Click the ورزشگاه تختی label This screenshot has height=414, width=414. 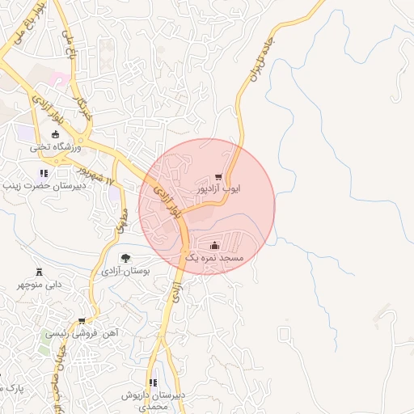tap(52, 148)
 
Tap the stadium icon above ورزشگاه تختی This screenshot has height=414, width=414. tap(55, 135)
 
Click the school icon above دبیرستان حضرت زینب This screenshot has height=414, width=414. tap(44, 173)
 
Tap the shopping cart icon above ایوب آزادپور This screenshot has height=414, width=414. tap(219, 177)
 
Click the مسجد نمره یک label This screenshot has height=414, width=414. tap(214, 257)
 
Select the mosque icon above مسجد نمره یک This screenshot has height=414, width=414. tap(214, 245)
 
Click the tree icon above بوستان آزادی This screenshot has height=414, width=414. tap(123, 259)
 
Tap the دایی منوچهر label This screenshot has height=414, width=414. tap(40, 285)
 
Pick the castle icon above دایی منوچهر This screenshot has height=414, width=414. tap(40, 272)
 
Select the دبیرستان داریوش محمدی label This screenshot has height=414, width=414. tap(154, 399)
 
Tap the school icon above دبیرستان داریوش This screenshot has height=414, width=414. tap(153, 382)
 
